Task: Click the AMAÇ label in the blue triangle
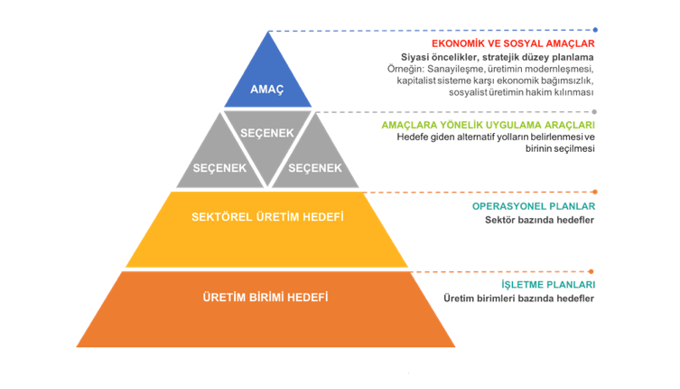coord(267,89)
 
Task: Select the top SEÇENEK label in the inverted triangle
coord(267,133)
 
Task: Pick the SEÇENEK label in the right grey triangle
coord(314,168)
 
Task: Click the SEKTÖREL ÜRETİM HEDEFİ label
coord(268,217)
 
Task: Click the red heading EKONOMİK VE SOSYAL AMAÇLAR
coord(513,43)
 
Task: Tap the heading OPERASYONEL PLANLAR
coord(534,206)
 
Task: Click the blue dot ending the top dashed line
coord(594,30)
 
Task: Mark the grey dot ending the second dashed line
coord(594,111)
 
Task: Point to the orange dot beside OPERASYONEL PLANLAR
coord(594,192)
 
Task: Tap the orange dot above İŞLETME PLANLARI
coord(592,270)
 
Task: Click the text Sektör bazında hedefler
coord(539,220)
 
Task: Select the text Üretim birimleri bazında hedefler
coord(518,299)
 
